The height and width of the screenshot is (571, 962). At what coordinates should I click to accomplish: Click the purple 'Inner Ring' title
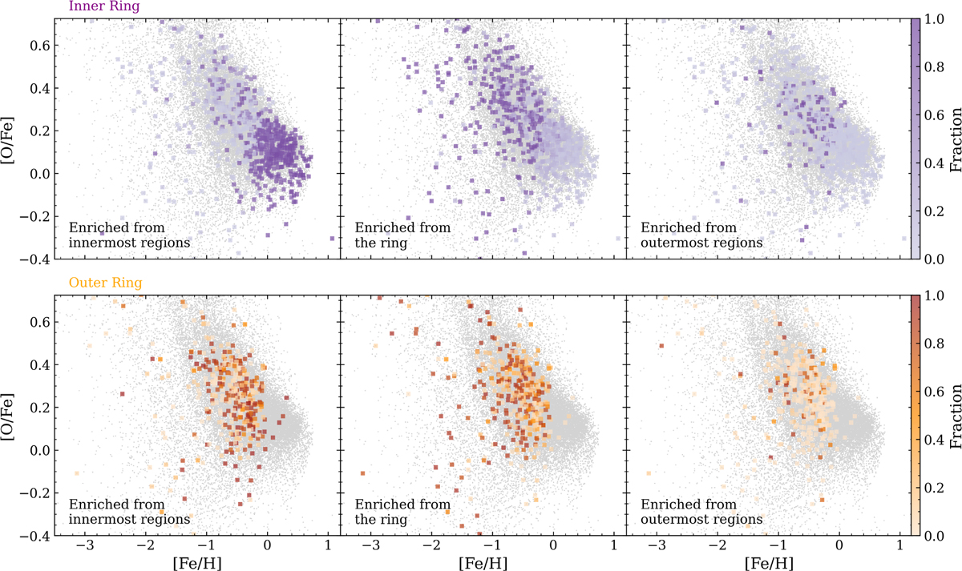104,6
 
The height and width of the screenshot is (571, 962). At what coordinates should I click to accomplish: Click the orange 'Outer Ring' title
105,283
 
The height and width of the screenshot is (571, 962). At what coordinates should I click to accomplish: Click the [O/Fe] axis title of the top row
8,139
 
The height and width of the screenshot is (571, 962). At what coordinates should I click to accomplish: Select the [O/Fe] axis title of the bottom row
8,416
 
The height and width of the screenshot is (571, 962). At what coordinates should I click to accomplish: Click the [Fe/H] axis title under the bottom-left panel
197,562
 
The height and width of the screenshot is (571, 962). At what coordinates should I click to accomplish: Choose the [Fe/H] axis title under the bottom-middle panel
483,562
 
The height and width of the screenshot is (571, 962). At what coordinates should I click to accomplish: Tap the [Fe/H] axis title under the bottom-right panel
769,562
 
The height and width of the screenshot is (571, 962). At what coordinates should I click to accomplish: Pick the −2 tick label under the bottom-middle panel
431,545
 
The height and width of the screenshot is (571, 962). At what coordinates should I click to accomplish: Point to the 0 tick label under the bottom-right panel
839,545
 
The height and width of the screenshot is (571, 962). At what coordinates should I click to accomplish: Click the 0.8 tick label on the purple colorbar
934,67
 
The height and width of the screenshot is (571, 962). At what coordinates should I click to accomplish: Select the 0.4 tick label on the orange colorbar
934,440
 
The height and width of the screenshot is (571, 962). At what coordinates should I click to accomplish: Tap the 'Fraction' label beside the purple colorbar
955,139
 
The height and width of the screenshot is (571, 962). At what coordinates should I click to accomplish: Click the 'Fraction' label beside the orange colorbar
955,416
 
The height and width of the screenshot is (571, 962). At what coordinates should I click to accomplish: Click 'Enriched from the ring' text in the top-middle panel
402,235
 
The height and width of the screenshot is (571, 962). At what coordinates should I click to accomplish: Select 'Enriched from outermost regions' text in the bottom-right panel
701,512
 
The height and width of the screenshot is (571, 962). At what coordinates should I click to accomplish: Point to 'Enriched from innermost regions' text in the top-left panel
129,235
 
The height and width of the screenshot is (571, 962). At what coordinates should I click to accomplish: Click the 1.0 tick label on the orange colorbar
934,296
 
